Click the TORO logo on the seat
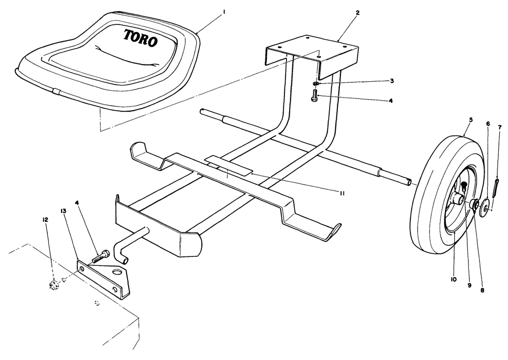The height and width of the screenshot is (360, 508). [x=140, y=37]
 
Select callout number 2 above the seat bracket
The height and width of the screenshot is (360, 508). [x=358, y=13]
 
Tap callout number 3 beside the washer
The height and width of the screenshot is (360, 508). [x=392, y=81]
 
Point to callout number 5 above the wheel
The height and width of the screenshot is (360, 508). [x=471, y=120]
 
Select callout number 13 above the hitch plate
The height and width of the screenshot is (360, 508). [x=63, y=211]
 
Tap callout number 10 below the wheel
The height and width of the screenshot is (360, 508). [x=453, y=279]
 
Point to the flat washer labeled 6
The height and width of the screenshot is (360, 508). [x=485, y=206]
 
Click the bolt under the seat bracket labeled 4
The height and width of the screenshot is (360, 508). [x=313, y=96]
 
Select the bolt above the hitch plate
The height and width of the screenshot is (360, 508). [x=101, y=256]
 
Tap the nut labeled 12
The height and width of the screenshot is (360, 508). [x=53, y=285]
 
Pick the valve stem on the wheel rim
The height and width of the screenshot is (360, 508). [x=464, y=185]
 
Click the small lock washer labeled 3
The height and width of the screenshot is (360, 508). [x=316, y=83]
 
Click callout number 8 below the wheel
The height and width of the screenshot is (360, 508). [x=482, y=290]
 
